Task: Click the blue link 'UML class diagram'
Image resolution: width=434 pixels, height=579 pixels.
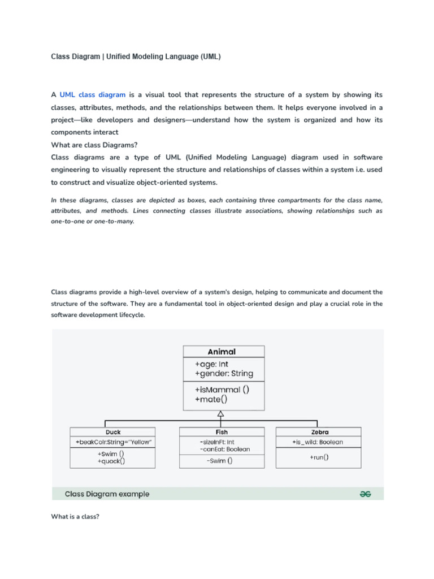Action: [x=92, y=94]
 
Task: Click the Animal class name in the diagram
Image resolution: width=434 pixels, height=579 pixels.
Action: [x=222, y=352]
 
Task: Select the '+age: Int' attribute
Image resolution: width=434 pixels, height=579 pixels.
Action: [x=212, y=364]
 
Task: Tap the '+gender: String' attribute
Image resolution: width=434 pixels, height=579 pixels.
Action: [x=224, y=374]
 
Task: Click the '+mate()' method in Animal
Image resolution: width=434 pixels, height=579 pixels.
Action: [x=211, y=399]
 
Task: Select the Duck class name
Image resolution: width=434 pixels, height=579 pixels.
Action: [x=113, y=432]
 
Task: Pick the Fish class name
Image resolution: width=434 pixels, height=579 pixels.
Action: [x=221, y=432]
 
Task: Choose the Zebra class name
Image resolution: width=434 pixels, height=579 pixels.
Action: [x=319, y=432]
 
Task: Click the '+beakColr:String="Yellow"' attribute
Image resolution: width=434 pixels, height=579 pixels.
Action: [x=114, y=442]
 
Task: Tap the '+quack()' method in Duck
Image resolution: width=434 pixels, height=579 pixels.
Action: [x=111, y=461]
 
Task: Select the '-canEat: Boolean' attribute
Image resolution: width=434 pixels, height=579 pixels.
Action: [x=224, y=449]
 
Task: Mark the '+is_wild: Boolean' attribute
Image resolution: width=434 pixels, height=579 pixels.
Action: [x=317, y=442]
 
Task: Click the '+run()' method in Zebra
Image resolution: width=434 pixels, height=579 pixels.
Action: [x=319, y=457]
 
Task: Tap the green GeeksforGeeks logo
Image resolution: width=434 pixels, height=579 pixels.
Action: [x=366, y=494]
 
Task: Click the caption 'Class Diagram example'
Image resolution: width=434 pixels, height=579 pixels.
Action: [x=107, y=494]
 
